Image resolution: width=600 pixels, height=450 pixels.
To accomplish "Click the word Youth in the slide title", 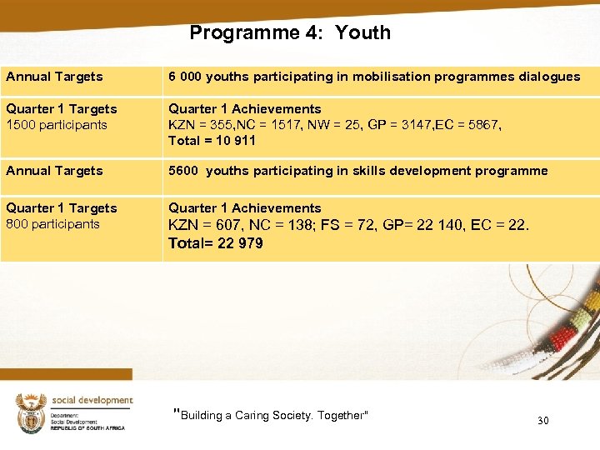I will (x=363, y=33).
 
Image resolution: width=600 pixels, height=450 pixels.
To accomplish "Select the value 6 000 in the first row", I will (x=185, y=77).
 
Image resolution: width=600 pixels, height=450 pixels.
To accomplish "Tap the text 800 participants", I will (x=53, y=224).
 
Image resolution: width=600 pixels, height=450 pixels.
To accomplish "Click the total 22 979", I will (x=238, y=243).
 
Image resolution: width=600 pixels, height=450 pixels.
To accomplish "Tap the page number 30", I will (x=542, y=421).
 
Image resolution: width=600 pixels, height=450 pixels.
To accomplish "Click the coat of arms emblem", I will (x=31, y=412).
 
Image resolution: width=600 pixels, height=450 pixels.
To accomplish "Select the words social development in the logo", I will (x=92, y=401).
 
